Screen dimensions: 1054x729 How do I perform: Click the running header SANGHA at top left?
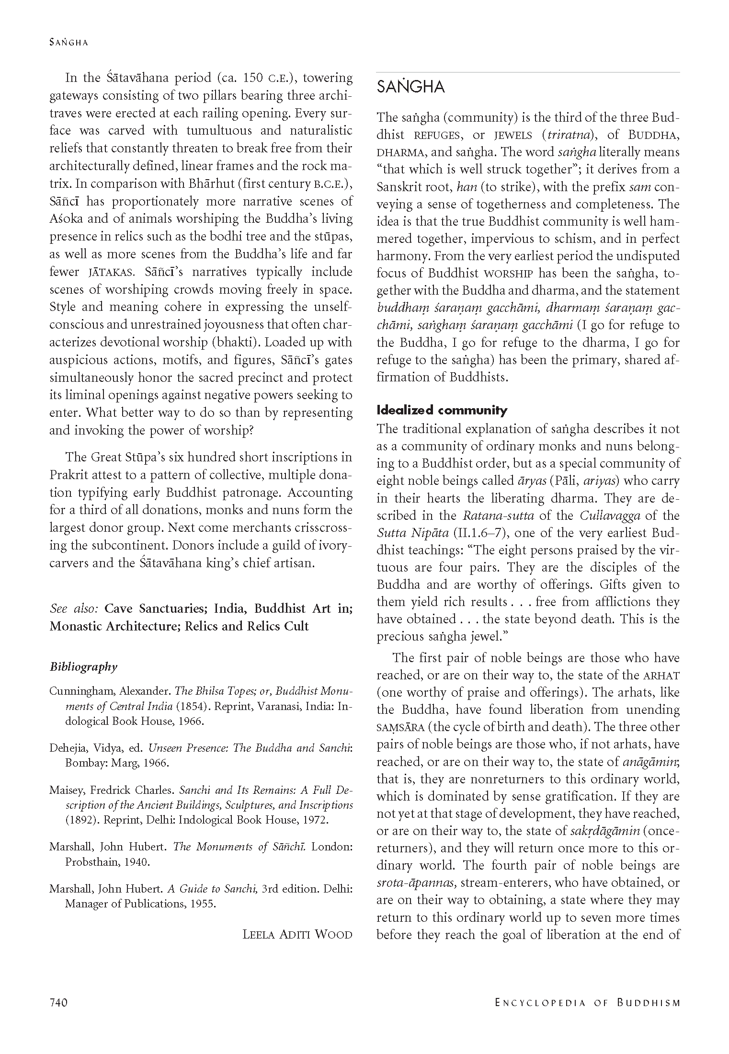pos(68,42)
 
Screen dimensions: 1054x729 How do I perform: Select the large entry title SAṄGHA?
pos(410,87)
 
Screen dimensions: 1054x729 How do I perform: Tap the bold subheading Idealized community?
pos(442,410)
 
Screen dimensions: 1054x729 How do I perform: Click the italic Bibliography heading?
pos(83,666)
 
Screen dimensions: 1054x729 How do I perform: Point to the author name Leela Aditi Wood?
pos(297,934)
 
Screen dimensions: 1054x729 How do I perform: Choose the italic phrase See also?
pos(74,608)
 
